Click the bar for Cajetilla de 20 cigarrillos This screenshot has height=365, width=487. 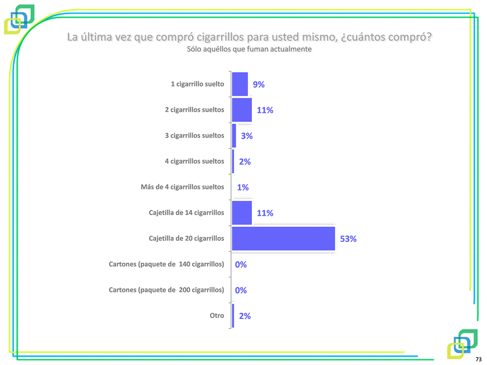click(283, 238)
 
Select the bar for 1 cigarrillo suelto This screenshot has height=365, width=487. click(240, 84)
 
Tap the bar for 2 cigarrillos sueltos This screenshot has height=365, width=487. click(242, 110)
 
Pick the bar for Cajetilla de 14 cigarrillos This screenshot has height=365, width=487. click(242, 213)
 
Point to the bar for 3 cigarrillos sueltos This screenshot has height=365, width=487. click(234, 136)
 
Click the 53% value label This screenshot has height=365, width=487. click(348, 239)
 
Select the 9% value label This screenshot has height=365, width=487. click(258, 85)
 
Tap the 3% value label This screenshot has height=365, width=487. click(246, 136)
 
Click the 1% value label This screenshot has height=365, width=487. click(243, 187)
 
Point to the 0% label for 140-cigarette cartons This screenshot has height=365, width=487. click(241, 264)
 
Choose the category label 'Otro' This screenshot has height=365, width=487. click(217, 315)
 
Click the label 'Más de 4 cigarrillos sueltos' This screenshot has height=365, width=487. click(182, 187)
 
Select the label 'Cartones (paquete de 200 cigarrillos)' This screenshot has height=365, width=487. click(166, 290)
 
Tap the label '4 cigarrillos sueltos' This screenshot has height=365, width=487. click(194, 161)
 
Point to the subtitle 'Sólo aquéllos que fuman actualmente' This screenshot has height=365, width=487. click(249, 50)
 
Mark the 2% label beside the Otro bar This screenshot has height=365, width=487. click(245, 316)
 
